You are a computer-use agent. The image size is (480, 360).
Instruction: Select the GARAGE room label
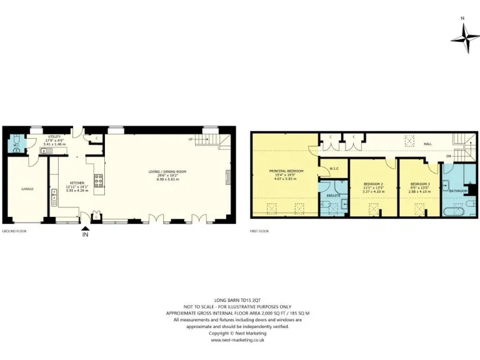[x=27, y=189]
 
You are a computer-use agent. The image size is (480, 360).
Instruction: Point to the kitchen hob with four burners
[x=98, y=181]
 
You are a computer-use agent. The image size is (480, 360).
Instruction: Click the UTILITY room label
[x=54, y=137]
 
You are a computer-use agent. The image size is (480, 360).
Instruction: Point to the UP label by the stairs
[x=190, y=139]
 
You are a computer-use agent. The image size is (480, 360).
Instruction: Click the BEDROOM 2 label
[x=372, y=184]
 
